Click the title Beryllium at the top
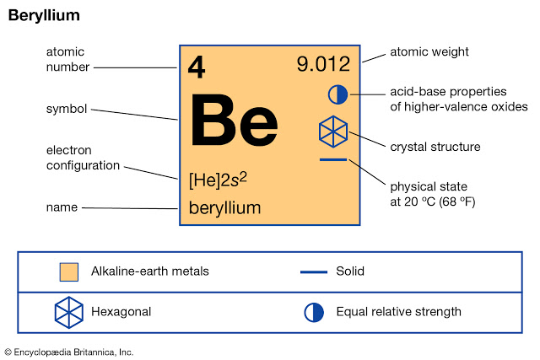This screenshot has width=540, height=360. pos(44,16)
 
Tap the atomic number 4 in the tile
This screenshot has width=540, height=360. pos(197,67)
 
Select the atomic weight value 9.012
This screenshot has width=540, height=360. pos(323,64)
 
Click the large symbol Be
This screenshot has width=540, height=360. pos(235,120)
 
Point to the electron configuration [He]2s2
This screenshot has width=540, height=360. pos(218,180)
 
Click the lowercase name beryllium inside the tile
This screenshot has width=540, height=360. pos(225,208)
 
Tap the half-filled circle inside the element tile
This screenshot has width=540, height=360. pos(337,94)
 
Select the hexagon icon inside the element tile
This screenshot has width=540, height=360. pos(333,132)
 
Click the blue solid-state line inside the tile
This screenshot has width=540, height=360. pos(333,159)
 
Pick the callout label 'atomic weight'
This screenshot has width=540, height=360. pos(429,52)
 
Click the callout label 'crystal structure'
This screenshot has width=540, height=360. pos(435,147)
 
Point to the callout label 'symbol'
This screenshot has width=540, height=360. pos(67,109)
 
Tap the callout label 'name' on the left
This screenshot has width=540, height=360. pos(62,207)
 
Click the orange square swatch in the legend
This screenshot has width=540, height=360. pos(69,272)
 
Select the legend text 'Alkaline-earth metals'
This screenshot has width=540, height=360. pos(150,271)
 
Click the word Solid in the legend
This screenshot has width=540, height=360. pos(350,271)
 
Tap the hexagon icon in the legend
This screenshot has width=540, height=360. pos(69,313)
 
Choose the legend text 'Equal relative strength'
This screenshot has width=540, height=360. pos(398,312)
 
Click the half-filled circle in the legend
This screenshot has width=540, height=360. pos(314,313)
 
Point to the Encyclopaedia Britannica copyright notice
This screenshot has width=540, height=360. pos(69,352)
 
